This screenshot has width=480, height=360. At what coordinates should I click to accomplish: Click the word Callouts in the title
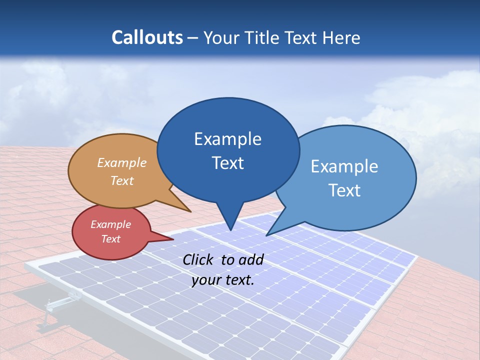tap(147, 37)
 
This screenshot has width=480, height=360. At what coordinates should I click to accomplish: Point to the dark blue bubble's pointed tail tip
tap(230, 230)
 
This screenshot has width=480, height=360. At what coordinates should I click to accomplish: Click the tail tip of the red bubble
tap(173, 239)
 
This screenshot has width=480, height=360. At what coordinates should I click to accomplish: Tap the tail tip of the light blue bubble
tap(266, 235)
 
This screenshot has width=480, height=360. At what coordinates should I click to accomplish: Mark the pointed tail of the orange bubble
tap(190, 211)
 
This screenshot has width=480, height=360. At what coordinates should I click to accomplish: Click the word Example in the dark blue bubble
tap(227, 139)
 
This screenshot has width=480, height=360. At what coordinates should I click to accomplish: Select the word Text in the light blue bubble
tap(344, 190)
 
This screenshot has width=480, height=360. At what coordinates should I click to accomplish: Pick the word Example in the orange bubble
tap(122, 163)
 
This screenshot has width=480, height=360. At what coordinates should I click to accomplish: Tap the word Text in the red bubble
tap(111, 239)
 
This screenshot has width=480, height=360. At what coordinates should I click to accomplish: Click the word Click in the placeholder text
tap(199, 259)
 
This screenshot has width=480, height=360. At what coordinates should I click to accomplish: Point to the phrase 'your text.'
tap(223, 280)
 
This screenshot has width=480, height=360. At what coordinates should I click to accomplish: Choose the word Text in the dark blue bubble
tap(228, 163)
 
